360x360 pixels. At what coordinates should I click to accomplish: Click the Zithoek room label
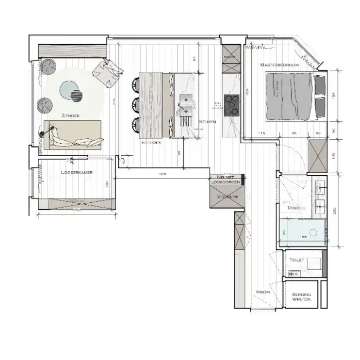coord(72,116)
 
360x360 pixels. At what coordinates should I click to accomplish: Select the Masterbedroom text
coord(279,65)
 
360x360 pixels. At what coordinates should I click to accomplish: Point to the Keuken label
coord(207,122)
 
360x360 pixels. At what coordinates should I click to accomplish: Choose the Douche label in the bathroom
coord(297,208)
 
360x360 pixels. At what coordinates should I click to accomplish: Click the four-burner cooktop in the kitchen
coord(231,105)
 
